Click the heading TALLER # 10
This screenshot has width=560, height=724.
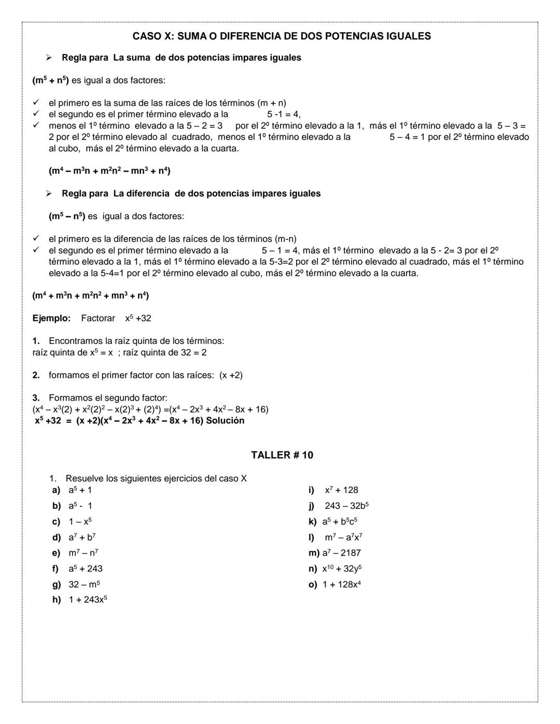click(x=282, y=455)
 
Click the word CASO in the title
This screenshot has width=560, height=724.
click(x=147, y=36)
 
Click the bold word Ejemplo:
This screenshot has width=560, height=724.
click(x=51, y=318)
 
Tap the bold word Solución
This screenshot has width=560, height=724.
click(x=225, y=421)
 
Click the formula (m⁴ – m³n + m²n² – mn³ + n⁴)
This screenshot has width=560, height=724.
click(x=109, y=171)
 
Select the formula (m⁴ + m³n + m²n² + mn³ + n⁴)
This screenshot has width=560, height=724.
click(x=91, y=295)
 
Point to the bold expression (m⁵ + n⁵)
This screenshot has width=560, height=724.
click(x=50, y=80)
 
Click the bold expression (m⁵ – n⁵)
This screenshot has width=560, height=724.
click(x=66, y=216)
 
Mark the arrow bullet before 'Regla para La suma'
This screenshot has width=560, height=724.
click(x=49, y=58)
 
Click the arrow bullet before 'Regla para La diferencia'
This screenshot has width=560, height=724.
click(x=49, y=193)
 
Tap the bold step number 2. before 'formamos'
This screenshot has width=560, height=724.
click(x=36, y=375)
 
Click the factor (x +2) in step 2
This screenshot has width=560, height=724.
click(x=231, y=375)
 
